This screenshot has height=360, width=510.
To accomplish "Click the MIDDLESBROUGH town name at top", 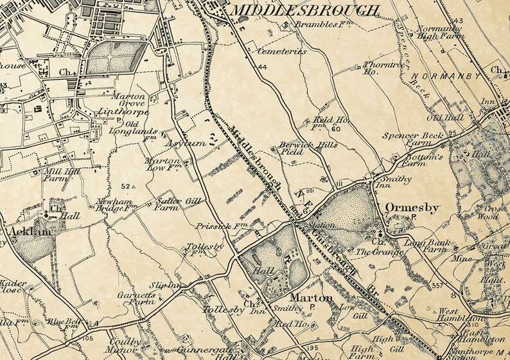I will (304, 10).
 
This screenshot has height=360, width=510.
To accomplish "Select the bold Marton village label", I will (311, 298).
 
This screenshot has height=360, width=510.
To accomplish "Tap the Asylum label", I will (188, 144).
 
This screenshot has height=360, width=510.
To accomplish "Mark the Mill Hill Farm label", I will (56, 176).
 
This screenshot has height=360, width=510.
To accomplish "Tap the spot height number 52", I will (125, 186).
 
